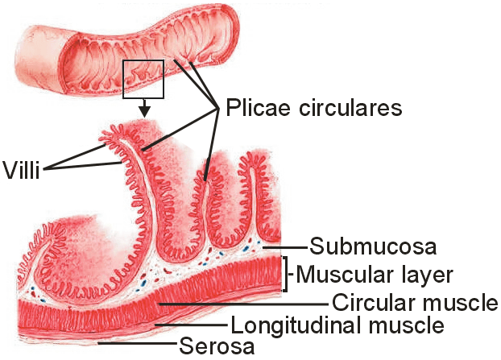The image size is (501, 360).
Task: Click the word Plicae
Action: [257, 108]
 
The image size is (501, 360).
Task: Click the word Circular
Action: [368, 304]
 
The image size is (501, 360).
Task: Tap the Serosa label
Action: [217, 347]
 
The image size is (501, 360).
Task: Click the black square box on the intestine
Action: [143, 78]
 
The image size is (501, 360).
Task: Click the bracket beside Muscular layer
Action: [284, 274]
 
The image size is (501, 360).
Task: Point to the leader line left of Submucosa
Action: [288, 245]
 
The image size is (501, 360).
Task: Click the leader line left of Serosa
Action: [136, 346]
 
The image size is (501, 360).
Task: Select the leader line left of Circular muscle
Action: [242, 304]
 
